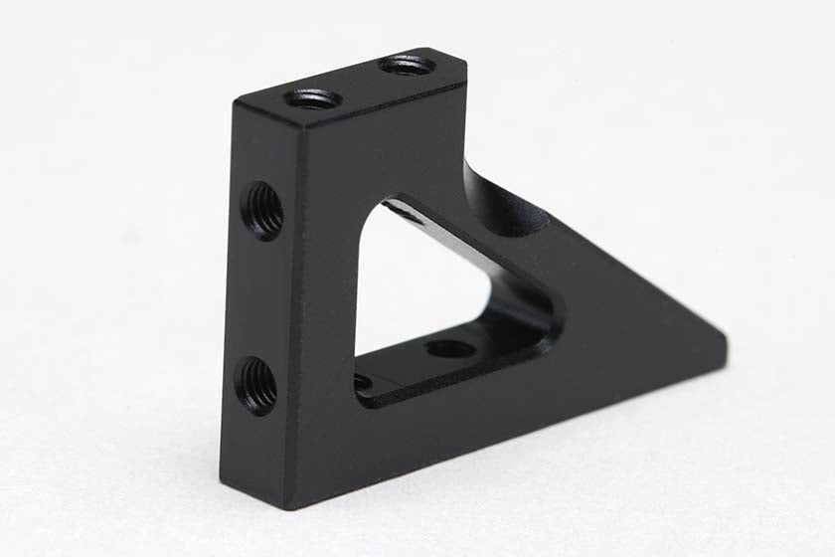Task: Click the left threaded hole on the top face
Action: (313, 98)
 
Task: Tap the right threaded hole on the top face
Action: (408, 66)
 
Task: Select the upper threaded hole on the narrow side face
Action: (263, 210)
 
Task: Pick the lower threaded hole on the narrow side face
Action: (258, 386)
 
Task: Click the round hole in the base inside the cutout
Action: (449, 348)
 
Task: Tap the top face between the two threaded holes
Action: (360, 83)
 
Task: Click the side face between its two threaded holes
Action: (260, 298)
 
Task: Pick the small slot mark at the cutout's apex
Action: (398, 210)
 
